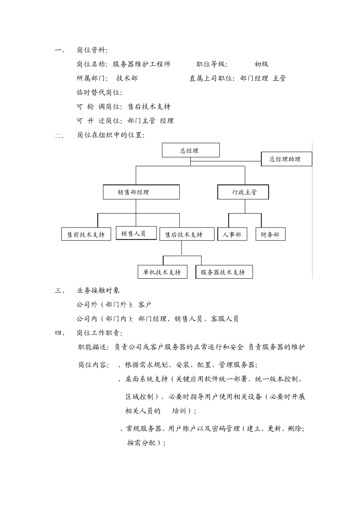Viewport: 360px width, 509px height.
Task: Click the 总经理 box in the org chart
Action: (191, 150)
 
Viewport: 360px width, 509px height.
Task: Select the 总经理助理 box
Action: (286, 159)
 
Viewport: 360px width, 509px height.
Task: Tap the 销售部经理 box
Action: (141, 192)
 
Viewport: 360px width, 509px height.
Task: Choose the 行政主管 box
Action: (243, 192)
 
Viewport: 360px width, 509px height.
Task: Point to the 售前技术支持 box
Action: (86, 234)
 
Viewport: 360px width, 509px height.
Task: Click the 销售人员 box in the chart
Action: (136, 233)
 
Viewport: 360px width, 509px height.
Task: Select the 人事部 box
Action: (232, 234)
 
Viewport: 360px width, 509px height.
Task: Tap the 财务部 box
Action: (270, 234)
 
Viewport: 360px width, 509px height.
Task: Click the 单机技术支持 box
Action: (162, 272)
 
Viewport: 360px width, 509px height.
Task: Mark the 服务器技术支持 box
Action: (224, 272)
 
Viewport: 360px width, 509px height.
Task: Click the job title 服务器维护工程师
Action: (142, 64)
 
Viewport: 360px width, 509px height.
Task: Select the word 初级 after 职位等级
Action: (261, 64)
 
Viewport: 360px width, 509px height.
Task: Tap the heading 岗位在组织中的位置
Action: (110, 135)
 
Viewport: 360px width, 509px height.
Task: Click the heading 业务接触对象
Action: (98, 290)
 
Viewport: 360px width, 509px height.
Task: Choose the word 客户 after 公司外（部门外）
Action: (145, 304)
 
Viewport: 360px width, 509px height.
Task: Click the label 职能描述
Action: (92, 347)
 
